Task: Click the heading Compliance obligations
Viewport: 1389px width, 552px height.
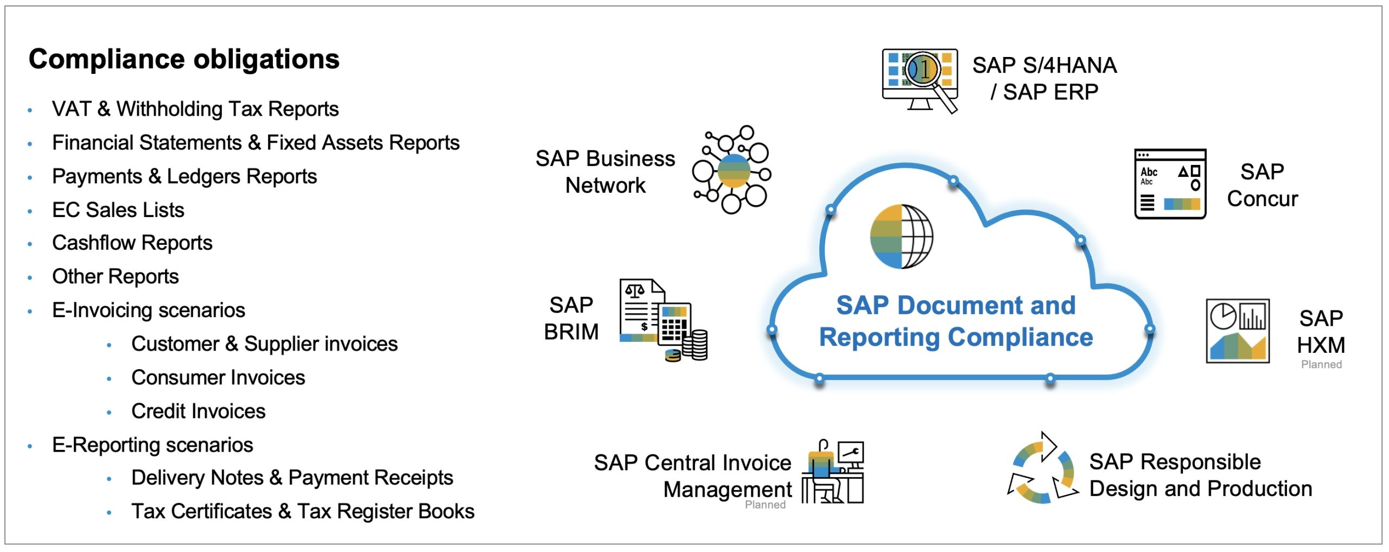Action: coord(183,59)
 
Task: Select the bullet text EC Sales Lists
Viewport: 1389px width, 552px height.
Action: coord(118,210)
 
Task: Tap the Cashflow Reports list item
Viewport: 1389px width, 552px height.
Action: coord(132,243)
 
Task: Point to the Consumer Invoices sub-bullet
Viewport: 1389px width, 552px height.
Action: coord(218,378)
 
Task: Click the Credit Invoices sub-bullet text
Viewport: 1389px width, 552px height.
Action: coord(198,411)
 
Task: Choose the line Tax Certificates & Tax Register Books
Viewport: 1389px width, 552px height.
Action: coord(302,511)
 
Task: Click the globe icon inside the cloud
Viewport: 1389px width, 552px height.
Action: coord(901,237)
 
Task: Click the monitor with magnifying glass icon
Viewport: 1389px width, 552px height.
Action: coord(920,79)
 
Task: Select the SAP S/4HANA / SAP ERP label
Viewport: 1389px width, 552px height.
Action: coord(1044,79)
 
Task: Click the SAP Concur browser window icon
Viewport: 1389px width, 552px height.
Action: coord(1170,184)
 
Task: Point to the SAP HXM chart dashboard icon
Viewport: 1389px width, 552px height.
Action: coord(1237,331)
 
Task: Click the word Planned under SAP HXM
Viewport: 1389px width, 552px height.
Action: coord(1321,365)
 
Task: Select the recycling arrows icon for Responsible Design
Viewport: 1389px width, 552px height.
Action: coord(1042,469)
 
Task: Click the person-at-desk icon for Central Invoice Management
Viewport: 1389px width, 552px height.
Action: coord(832,472)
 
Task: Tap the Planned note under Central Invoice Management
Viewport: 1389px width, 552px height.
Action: coord(764,505)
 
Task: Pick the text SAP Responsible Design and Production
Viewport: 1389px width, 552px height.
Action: coord(1200,475)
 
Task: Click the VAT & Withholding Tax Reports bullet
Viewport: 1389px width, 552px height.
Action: coord(195,109)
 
